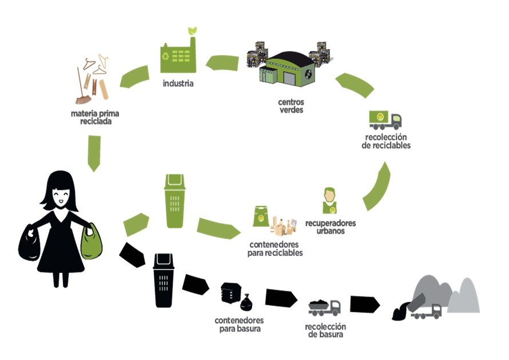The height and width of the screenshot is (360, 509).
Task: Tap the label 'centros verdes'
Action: (x=291, y=106)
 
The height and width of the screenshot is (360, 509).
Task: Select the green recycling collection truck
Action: (x=385, y=120)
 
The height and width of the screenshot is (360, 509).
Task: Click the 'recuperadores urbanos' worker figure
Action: (x=330, y=200)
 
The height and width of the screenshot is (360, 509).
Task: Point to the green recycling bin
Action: (x=174, y=201)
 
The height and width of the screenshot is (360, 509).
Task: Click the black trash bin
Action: (x=164, y=280)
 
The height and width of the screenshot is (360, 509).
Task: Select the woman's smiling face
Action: (x=61, y=196)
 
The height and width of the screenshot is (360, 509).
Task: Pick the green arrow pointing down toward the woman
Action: (x=94, y=153)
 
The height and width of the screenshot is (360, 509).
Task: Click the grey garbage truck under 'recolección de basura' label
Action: (x=324, y=308)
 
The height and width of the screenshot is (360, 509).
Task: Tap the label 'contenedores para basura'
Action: (x=239, y=325)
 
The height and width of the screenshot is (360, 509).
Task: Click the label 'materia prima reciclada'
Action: (x=95, y=117)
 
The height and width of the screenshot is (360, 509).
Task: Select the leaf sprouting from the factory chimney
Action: (x=193, y=30)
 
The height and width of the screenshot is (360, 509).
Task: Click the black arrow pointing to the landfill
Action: (x=364, y=304)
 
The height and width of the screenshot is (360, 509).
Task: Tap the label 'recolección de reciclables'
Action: (x=386, y=141)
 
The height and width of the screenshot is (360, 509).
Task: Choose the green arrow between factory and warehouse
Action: (x=222, y=63)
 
